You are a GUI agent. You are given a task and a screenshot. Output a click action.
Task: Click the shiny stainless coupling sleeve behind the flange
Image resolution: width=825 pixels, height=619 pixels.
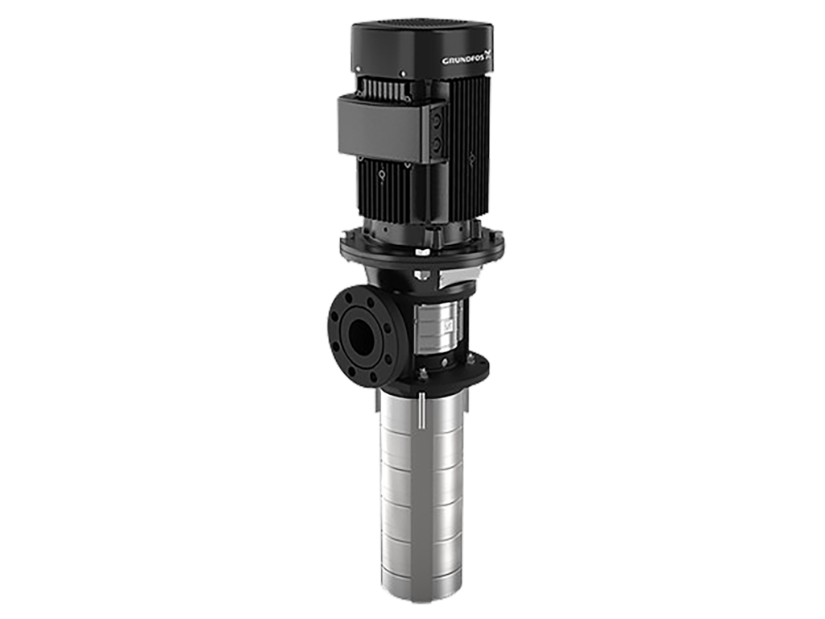(x=437, y=326)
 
